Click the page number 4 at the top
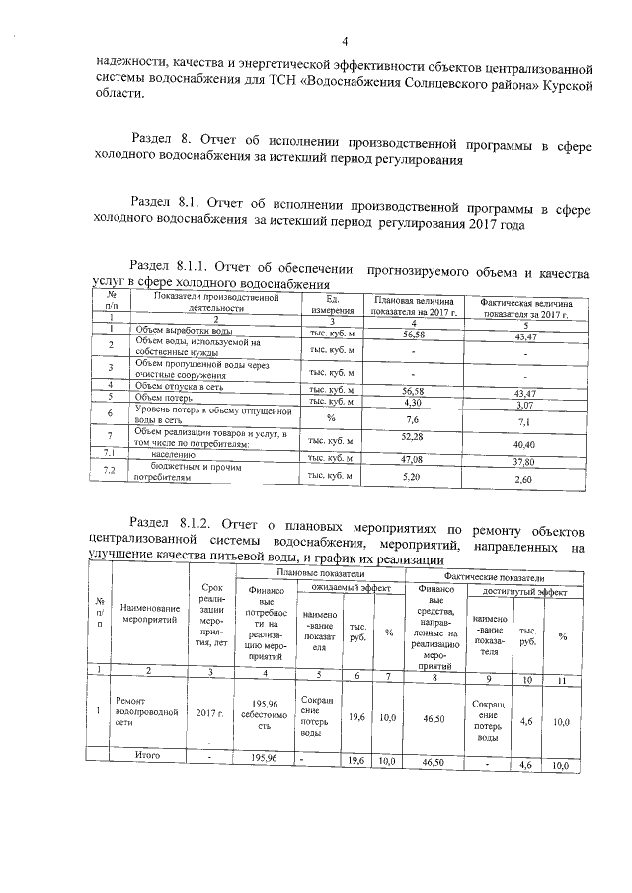pyautogui.click(x=346, y=40)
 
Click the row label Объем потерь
pyautogui.click(x=163, y=397)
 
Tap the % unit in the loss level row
pyautogui.click(x=331, y=417)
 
